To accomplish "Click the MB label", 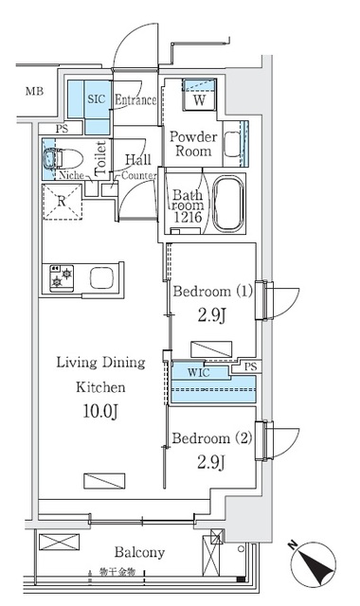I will pos(34,92).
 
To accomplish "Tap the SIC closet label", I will pos(97,98).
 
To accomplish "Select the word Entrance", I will pos(136,99).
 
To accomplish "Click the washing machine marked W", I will pos(201,98).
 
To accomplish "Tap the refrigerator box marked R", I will pos(61,201).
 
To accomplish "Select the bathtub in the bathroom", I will pos(227,205).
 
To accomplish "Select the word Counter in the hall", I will pos(140,175).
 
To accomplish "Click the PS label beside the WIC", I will pos(250,366).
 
